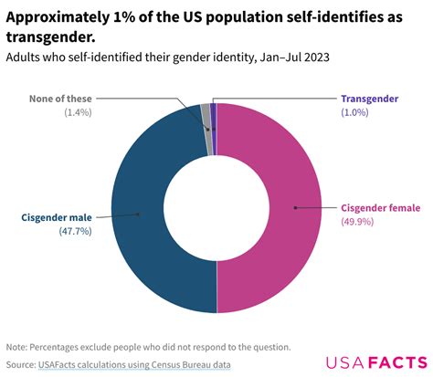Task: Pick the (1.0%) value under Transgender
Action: [x=356, y=111]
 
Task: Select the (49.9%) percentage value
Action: [x=358, y=222]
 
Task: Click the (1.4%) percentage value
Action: [x=78, y=111]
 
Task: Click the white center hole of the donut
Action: [x=216, y=208]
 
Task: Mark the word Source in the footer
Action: [x=21, y=364]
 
